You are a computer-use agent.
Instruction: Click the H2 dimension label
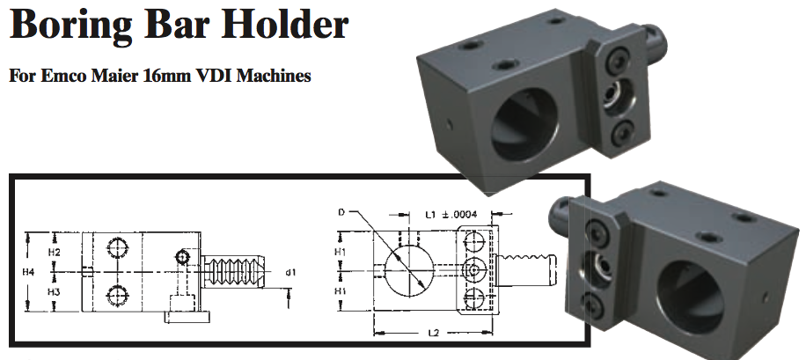[x=54, y=253]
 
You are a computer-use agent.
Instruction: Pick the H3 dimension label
[x=54, y=291]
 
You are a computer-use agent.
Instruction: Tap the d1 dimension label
[x=289, y=273]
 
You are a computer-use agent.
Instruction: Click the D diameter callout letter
[x=341, y=213]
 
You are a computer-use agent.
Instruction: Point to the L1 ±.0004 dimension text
[x=451, y=214]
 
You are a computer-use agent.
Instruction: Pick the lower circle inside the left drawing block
[x=115, y=294]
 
